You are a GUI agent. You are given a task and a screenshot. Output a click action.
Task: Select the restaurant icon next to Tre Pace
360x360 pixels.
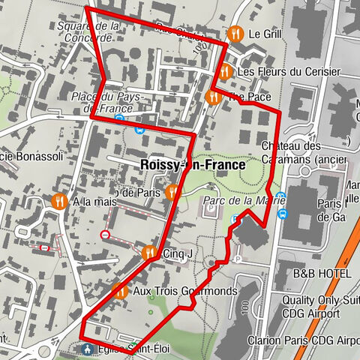(212, 97)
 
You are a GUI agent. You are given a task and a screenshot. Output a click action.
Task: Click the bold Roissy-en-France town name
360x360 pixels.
(192, 164)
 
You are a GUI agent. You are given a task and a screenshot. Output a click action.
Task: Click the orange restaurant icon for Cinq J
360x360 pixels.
(149, 253)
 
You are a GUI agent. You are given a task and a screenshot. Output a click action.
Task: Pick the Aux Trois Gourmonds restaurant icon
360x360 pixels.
(119, 290)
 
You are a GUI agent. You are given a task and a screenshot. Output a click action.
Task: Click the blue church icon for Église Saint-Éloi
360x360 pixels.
(88, 349)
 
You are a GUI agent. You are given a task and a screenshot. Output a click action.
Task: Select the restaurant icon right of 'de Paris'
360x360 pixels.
(172, 192)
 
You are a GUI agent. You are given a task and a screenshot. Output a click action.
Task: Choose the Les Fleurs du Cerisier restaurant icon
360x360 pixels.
(223, 72)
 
